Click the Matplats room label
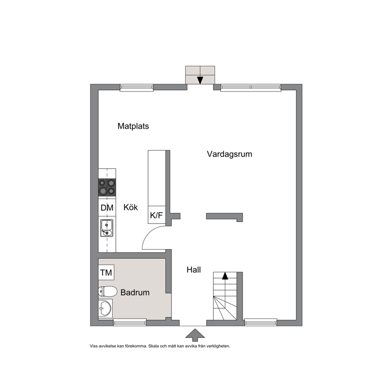tap(133, 126)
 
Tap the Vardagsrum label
tap(230, 154)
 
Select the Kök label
tap(130, 207)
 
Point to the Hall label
tap(194, 270)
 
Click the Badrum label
tap(135, 292)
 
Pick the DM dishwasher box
tap(107, 207)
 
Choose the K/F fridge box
tap(157, 215)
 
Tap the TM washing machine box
tap(106, 272)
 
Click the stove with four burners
tap(107, 187)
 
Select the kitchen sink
tap(107, 228)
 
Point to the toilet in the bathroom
tap(108, 291)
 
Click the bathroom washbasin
tap(105, 309)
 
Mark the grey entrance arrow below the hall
tap(195, 335)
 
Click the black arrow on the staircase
tap(225, 276)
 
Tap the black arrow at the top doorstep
tap(200, 80)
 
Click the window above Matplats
tap(136, 87)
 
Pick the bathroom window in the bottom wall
tap(130, 322)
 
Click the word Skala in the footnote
tap(153, 346)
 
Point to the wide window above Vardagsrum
tap(251, 87)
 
